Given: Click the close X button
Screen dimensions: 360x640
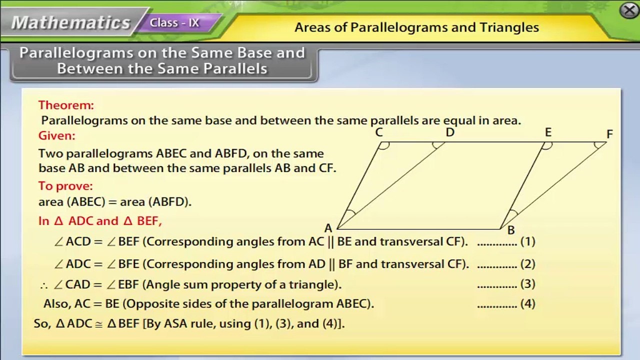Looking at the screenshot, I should (x=629, y=10).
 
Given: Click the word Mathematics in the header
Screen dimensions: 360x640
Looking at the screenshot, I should (x=70, y=22).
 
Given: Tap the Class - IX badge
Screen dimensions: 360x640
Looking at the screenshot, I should (x=174, y=23).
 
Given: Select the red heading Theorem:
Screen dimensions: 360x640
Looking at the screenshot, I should (x=66, y=105).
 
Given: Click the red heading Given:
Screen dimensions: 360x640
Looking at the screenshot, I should (x=57, y=135).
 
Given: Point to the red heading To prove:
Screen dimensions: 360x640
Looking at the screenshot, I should (x=65, y=186).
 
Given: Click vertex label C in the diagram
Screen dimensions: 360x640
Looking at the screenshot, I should (x=378, y=132).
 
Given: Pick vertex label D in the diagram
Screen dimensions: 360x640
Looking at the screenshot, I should (x=450, y=132).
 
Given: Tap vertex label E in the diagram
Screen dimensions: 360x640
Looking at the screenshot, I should (x=548, y=132).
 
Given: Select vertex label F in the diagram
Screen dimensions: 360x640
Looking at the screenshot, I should (x=609, y=134).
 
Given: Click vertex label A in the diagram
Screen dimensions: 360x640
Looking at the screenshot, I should (x=328, y=228).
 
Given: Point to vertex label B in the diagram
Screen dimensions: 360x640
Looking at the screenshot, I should (x=510, y=230).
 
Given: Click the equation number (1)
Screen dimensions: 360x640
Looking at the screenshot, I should (x=527, y=241).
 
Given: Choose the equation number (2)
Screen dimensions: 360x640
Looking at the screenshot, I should (x=527, y=264).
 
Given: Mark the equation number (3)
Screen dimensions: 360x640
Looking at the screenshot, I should (x=527, y=284).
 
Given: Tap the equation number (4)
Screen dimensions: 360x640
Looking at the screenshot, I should (x=527, y=303).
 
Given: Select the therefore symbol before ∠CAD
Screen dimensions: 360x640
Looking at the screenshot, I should (x=44, y=285).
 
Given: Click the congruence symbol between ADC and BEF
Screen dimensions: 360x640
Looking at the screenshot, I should (x=99, y=324).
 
